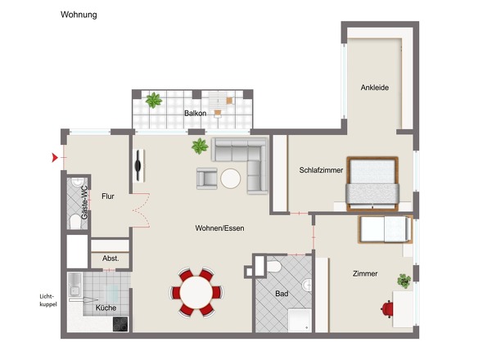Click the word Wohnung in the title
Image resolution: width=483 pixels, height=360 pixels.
click(79, 14)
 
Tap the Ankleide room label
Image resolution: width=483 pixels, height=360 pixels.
click(376, 88)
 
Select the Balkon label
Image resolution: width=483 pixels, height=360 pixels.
click(195, 114)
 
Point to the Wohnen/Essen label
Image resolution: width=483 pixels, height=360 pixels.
click(219, 227)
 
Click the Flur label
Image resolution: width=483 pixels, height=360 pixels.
click(107, 196)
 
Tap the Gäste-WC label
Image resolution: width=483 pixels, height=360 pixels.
click(83, 200)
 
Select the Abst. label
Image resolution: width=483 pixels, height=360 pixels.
click(110, 259)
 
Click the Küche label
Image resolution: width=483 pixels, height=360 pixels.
click(106, 308)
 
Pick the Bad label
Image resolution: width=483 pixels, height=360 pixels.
click(282, 292)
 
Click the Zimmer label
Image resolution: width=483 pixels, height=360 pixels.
click(365, 273)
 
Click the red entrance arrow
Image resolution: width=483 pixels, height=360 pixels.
click(56, 156)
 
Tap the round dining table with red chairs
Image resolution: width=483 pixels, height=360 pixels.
click(196, 291)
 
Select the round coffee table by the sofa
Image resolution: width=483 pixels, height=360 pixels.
click(230, 178)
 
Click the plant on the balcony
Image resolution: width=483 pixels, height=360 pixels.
click(153, 101)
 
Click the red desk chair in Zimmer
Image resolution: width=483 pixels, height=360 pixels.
click(387, 308)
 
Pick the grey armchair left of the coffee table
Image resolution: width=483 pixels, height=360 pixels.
click(206, 178)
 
